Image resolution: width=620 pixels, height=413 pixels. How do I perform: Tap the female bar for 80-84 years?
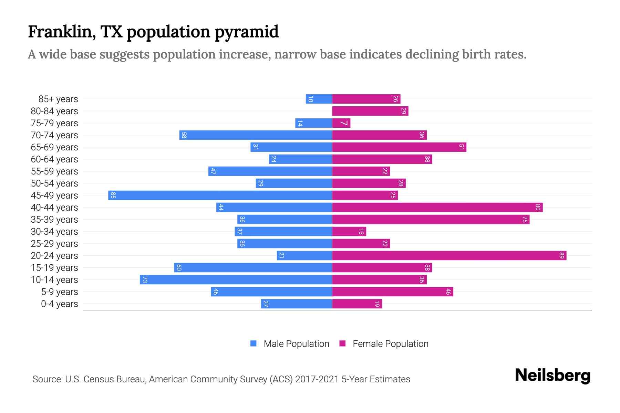point(370,111)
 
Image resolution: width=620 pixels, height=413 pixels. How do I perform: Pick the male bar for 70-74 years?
point(255,135)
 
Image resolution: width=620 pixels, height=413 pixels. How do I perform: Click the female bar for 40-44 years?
point(437,207)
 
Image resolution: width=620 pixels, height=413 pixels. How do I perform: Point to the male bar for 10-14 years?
point(236,279)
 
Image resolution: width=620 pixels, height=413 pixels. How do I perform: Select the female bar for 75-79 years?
point(341,123)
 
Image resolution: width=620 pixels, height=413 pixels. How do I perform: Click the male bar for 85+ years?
point(319,99)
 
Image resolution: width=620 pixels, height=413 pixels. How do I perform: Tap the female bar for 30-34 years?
point(349,231)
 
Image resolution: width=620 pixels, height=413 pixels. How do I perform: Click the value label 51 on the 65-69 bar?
point(462,147)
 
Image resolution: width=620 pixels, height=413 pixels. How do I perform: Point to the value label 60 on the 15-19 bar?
point(178,267)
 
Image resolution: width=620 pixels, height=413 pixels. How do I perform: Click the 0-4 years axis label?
point(59,304)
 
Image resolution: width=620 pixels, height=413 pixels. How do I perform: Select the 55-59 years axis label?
point(54,171)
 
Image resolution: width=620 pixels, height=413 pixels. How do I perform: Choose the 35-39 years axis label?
point(54,220)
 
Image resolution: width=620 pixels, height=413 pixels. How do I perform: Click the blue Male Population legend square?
point(254,343)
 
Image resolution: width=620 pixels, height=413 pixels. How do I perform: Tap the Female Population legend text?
point(390,343)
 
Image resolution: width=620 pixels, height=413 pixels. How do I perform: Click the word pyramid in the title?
point(247,32)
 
